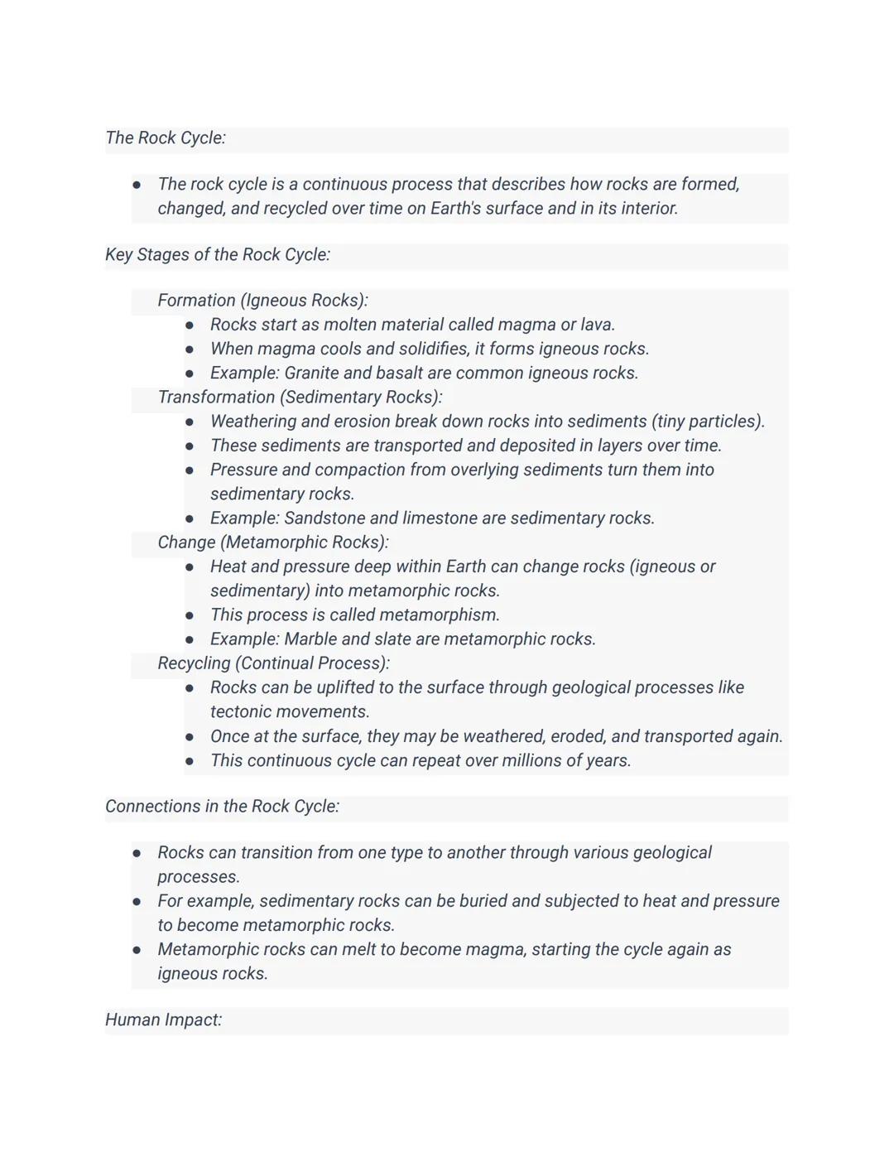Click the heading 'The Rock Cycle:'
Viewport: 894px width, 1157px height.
pos(166,138)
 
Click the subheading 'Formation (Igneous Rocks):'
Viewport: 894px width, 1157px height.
pos(262,301)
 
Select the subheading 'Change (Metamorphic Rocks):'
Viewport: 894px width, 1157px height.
pos(273,542)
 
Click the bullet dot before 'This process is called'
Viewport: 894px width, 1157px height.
pos(190,615)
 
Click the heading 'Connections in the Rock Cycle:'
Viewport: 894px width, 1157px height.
pos(222,807)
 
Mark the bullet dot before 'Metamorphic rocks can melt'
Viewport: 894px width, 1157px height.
pos(137,950)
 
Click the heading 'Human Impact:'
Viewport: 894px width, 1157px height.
pos(163,1020)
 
